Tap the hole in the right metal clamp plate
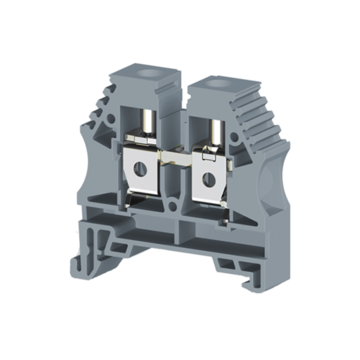click(211, 178)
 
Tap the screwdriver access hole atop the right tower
click(214, 83)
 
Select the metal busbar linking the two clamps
click(177, 160)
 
